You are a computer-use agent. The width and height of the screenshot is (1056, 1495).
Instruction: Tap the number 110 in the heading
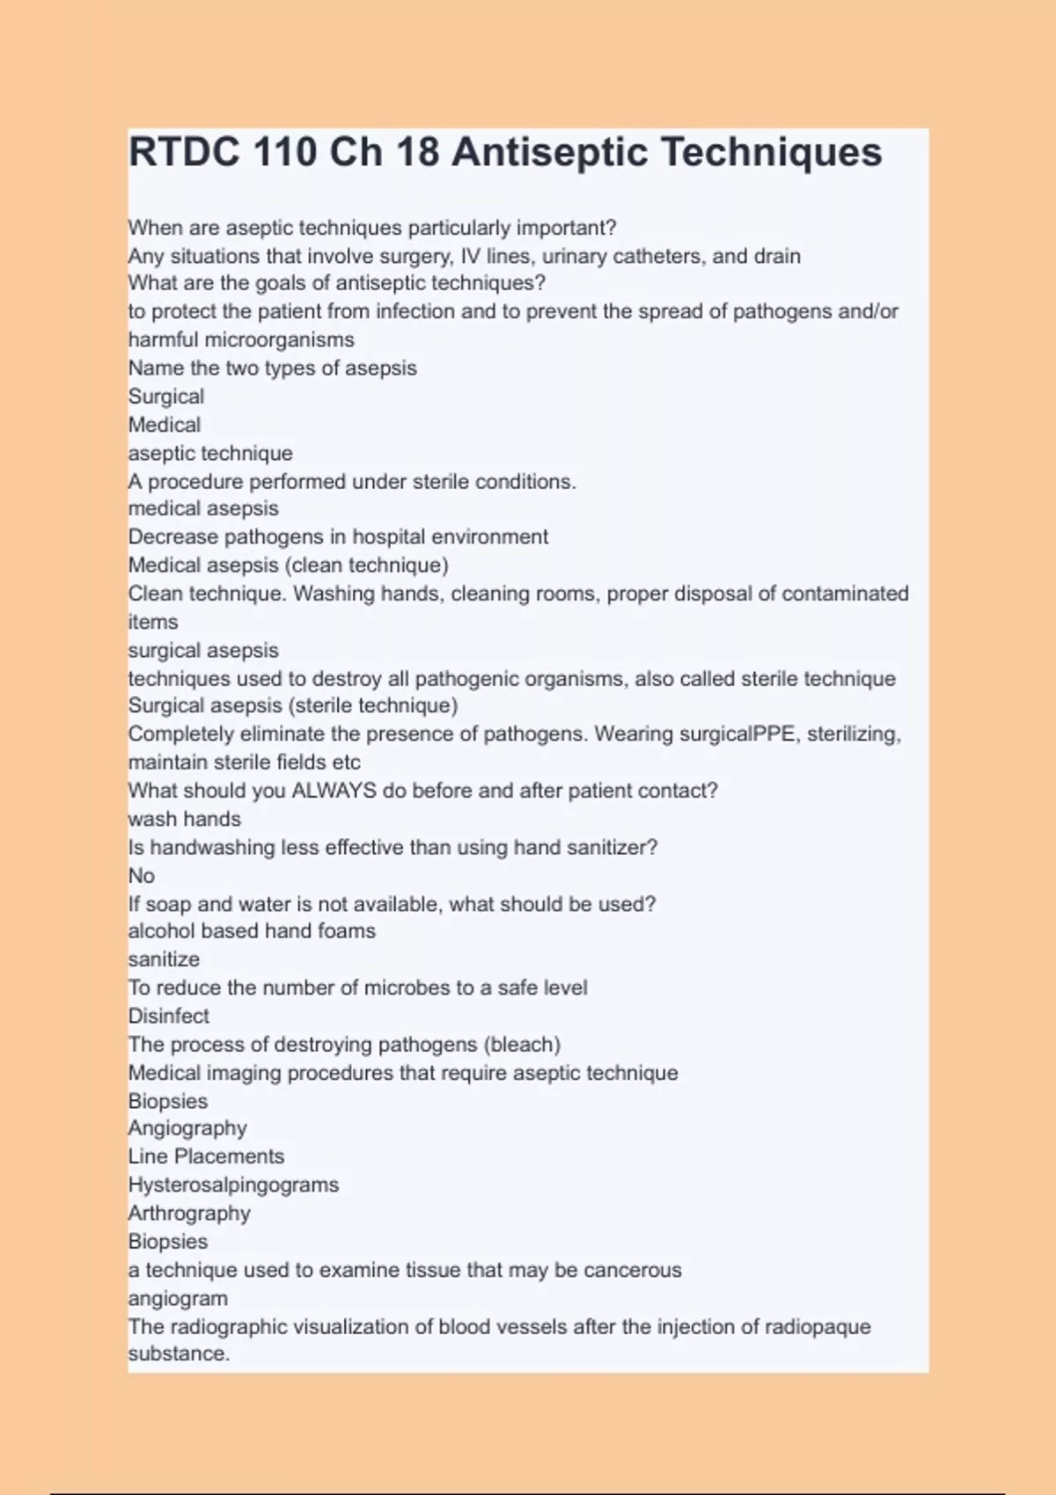tap(284, 152)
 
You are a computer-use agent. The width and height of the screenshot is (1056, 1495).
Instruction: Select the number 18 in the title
tap(417, 152)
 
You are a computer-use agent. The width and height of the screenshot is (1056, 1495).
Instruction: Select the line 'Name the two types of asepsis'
tap(272, 368)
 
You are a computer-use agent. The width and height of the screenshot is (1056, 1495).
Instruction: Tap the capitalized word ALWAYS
tap(334, 791)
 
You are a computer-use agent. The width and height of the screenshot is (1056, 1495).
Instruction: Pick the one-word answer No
tap(141, 876)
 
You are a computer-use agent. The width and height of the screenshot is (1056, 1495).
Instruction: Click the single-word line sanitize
tap(164, 959)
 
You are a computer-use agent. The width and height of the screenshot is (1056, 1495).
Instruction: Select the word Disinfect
tap(168, 1016)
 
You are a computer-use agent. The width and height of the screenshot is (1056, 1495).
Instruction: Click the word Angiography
tap(187, 1128)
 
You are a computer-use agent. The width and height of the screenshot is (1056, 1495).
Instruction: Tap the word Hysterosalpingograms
tap(233, 1185)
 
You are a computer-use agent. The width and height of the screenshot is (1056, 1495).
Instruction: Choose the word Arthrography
tap(189, 1214)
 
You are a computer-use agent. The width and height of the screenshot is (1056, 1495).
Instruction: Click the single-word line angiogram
tap(178, 1298)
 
